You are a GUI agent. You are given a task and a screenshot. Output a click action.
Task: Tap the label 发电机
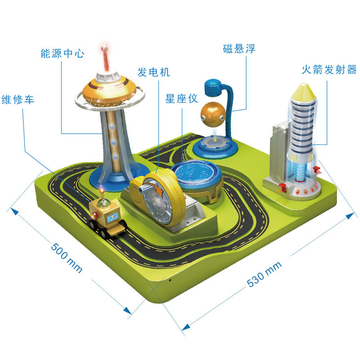pyautogui.click(x=153, y=72)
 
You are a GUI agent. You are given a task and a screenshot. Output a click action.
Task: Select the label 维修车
pyautogui.click(x=18, y=99)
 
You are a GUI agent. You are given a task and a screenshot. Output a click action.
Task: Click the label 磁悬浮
pyautogui.click(x=239, y=49)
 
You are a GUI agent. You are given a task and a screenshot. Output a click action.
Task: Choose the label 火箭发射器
pyautogui.click(x=329, y=70)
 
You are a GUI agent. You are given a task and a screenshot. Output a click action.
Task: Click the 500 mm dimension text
pyautogui.click(x=66, y=258)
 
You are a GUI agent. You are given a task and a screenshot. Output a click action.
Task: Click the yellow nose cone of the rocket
pyautogui.click(x=302, y=93)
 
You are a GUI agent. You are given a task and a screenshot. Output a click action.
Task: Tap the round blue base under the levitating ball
pyautogui.click(x=215, y=146)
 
